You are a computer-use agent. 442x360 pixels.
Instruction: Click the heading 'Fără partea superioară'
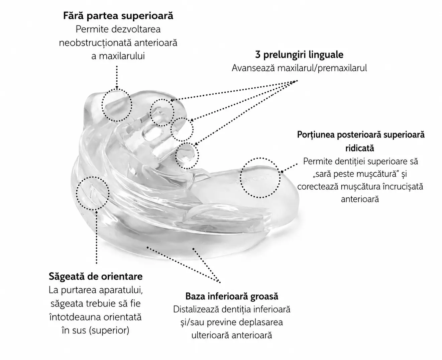(x=118, y=16)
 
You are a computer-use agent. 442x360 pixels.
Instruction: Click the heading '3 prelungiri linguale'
(x=299, y=55)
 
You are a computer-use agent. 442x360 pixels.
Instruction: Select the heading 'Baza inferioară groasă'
(x=232, y=296)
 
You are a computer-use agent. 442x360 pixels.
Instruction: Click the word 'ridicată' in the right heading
(x=360, y=148)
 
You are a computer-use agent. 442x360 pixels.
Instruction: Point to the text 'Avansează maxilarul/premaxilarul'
(x=299, y=68)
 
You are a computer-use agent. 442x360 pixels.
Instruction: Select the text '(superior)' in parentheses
(x=109, y=331)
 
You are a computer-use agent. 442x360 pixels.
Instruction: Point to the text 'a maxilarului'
(x=118, y=56)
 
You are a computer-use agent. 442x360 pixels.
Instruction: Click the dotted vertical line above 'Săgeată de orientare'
(x=97, y=237)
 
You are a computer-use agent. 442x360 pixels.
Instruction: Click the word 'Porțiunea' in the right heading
(x=316, y=135)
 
